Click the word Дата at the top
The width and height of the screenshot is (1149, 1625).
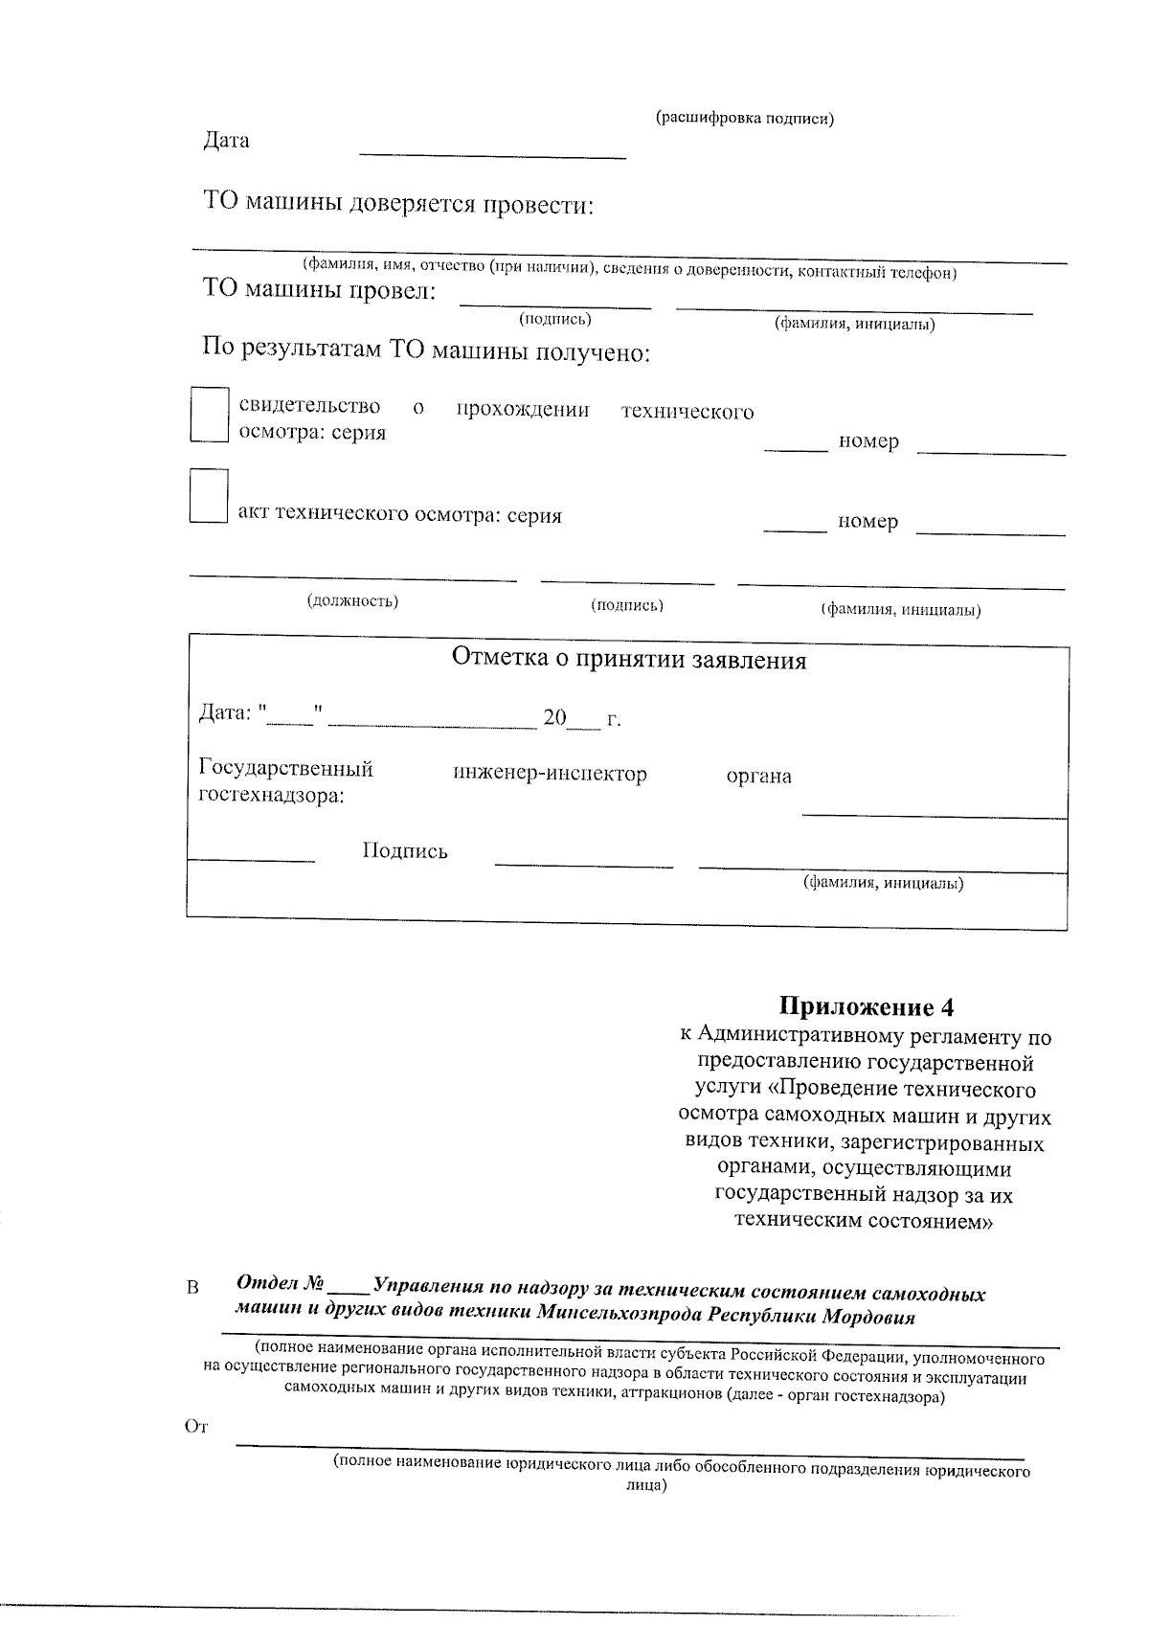point(226,141)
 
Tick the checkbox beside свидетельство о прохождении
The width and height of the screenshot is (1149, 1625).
point(209,414)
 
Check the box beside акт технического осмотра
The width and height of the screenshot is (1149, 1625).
point(209,495)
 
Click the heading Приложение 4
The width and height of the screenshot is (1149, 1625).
point(867,1006)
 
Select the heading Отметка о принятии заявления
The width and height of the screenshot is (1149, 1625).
point(628,660)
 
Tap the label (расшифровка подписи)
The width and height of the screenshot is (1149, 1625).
point(744,118)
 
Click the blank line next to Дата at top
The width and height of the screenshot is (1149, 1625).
point(491,153)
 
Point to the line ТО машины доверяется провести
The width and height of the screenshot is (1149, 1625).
point(398,205)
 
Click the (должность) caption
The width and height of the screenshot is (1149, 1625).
point(352,601)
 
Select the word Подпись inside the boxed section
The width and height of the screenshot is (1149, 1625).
point(404,851)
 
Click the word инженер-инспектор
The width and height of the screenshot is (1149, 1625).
point(550,774)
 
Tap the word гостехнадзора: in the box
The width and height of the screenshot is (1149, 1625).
point(271,796)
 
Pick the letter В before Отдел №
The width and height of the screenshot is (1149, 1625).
point(192,1288)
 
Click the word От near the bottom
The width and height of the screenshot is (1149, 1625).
point(195,1427)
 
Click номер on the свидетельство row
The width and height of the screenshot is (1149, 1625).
point(868,441)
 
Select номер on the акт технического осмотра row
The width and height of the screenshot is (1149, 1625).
point(868,522)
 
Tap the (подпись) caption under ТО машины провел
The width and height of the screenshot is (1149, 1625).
point(554,319)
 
